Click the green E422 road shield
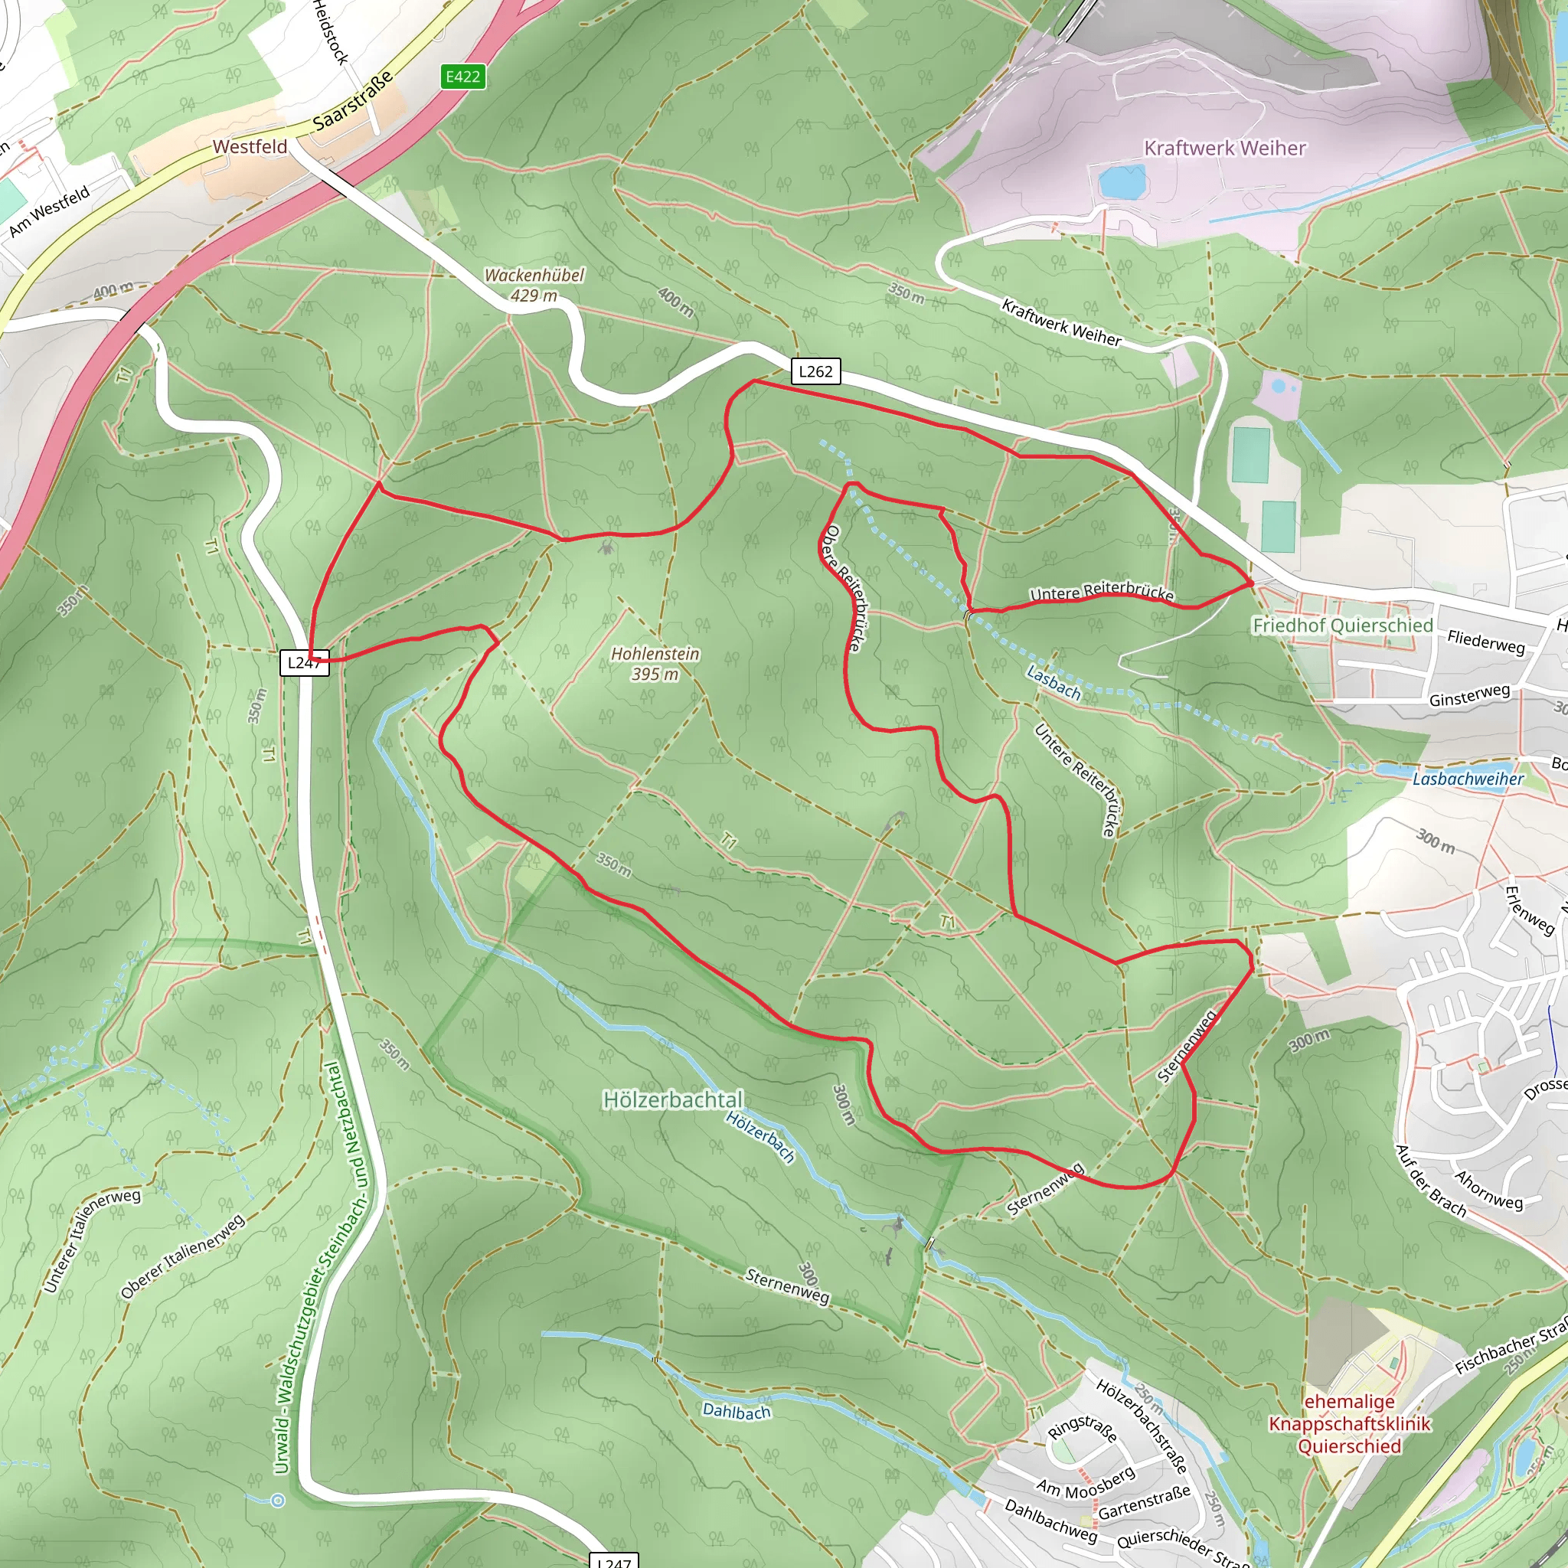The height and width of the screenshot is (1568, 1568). click(462, 77)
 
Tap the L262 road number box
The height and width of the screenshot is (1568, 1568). click(815, 371)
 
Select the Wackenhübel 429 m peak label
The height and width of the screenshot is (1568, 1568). click(534, 285)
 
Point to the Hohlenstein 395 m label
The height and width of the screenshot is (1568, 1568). click(655, 663)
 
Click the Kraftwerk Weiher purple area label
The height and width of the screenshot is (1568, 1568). click(1225, 148)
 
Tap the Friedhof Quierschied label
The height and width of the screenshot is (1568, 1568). click(1342, 625)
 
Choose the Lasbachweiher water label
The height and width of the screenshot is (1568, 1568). click(1468, 779)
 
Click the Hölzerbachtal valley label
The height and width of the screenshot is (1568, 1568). click(673, 1099)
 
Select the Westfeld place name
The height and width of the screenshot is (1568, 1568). click(250, 147)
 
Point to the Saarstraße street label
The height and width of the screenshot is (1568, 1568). click(353, 100)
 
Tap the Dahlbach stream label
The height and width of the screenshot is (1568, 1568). click(736, 1410)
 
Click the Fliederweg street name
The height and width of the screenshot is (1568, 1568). click(1486, 642)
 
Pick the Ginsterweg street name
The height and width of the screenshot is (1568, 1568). click(1470, 694)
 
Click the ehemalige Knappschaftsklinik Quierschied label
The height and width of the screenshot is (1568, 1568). click(1350, 1423)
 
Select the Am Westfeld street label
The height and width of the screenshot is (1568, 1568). click(49, 212)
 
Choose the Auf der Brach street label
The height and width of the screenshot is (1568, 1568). click(1430, 1181)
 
